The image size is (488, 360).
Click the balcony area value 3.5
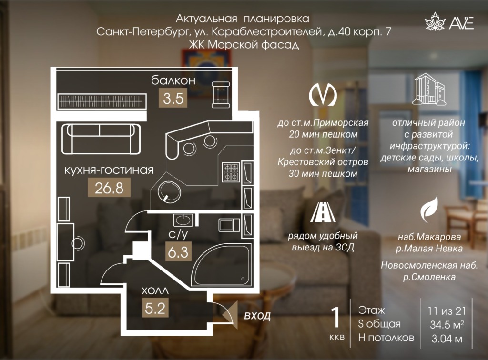(173, 98)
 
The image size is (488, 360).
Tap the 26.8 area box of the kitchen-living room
(109, 188)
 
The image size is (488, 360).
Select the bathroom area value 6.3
(178, 252)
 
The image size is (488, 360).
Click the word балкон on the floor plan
(173, 80)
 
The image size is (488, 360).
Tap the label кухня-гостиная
(109, 170)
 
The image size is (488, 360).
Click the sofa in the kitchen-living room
(101, 139)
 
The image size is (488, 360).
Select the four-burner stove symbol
(231, 172)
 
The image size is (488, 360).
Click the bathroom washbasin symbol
(183, 220)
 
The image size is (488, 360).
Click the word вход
(257, 316)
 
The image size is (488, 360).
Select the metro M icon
(323, 94)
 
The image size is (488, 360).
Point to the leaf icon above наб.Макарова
(429, 210)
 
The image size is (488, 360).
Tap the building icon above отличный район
(429, 89)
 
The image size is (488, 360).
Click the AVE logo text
(461, 22)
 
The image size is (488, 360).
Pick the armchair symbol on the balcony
(221, 94)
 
